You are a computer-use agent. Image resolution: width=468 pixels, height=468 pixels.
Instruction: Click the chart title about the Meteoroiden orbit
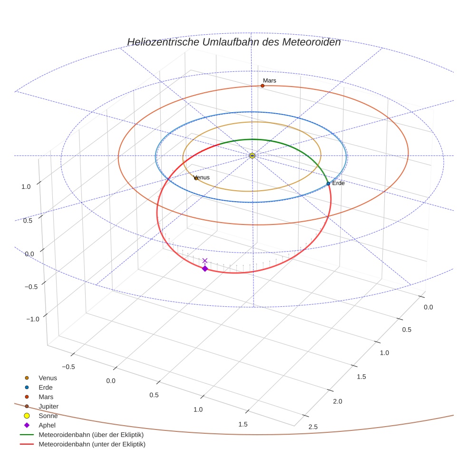[234, 42]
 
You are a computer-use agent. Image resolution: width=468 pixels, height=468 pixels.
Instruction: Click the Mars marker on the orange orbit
[262, 86]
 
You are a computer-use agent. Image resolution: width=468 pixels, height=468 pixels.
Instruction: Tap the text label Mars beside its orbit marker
[269, 80]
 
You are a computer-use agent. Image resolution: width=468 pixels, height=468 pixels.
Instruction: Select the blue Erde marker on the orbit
[328, 184]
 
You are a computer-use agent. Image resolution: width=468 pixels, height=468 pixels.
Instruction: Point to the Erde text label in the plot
[338, 183]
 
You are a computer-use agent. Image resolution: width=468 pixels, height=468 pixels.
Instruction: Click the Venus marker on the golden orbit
[195, 178]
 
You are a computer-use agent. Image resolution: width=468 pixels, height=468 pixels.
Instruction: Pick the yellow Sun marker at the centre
[252, 156]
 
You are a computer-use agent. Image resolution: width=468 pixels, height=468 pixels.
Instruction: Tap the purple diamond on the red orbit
[205, 269]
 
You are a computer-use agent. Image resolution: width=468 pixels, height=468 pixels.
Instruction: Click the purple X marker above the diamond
[205, 261]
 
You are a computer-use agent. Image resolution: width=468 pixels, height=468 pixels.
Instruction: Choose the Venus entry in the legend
[48, 378]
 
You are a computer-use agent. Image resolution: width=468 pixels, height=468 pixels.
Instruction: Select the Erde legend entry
[46, 388]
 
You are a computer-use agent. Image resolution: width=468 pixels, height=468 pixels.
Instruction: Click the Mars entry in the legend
[46, 397]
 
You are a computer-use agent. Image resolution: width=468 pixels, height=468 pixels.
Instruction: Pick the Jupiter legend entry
[49, 406]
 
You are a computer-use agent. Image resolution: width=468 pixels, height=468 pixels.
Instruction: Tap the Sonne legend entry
[48, 416]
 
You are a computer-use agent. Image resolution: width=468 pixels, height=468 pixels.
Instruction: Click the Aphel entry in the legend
[47, 425]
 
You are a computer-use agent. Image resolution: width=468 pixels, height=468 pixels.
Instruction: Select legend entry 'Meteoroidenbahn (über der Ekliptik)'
[91, 435]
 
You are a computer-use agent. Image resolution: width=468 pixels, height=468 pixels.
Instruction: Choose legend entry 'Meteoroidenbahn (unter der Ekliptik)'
[92, 444]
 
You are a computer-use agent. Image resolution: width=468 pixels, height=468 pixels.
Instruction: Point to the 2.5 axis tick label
[313, 427]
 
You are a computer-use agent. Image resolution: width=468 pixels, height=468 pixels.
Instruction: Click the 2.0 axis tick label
[337, 402]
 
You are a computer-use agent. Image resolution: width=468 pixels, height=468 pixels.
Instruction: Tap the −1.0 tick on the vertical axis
[32, 319]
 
